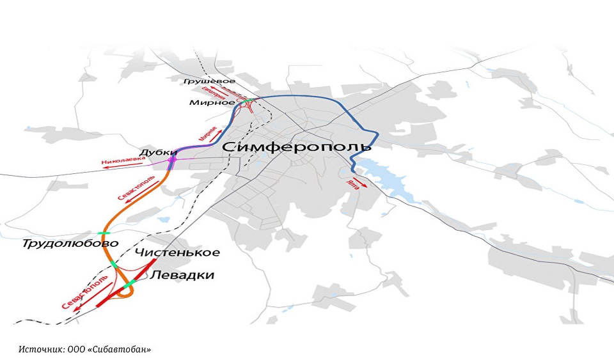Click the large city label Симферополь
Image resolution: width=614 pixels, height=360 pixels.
tap(297, 148)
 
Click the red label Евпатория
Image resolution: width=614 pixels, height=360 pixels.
tap(219, 92)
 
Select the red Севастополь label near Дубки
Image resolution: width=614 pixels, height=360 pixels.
tap(135, 186)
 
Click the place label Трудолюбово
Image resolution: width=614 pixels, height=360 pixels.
tap(70, 244)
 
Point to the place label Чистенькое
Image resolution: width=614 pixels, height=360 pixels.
tap(177, 253)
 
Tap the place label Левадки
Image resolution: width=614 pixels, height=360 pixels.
tap(182, 276)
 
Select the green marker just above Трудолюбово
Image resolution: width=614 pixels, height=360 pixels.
tap(102, 233)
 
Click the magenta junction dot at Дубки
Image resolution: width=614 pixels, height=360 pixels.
tap(171, 159)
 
